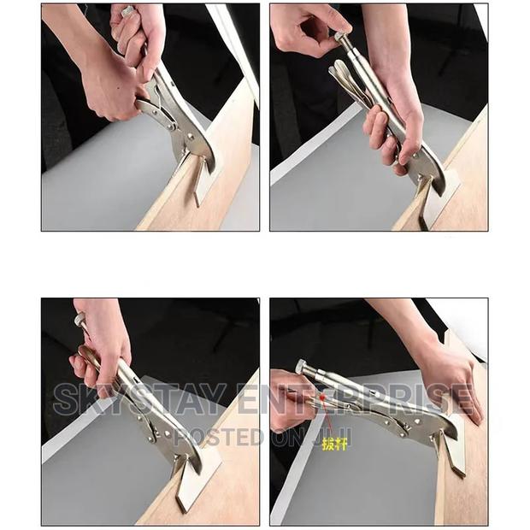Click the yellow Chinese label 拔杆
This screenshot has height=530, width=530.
tap(335, 444)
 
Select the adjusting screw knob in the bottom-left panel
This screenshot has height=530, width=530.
tap(79, 321)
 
